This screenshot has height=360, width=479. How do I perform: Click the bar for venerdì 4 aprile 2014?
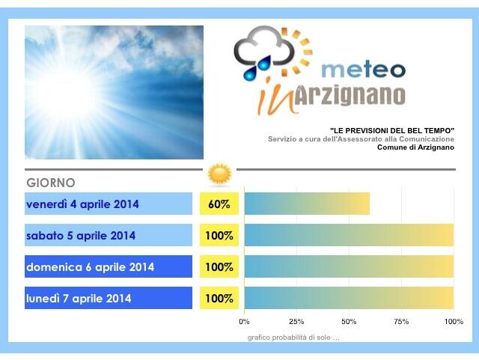pos(307,204)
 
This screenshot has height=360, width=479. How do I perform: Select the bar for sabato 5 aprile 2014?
pos(350,235)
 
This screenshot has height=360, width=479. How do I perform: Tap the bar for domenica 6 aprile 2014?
pos(350,266)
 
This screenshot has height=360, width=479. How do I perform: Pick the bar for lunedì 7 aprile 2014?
pos(350,298)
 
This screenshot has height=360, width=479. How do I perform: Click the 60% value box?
pos(219,204)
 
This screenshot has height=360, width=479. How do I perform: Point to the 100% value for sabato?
pos(219,235)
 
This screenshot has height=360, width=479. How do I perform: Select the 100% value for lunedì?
pos(219,298)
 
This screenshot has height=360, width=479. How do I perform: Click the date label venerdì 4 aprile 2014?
pos(82,204)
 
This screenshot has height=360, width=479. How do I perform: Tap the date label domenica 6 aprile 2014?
pos(90,267)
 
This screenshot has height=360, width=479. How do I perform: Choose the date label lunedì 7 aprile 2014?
pos(79,299)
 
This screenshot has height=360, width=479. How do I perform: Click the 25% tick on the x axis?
pos(296,322)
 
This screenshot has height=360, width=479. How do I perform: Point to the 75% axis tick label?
pos(401,322)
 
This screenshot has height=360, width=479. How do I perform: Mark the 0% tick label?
pos(244,322)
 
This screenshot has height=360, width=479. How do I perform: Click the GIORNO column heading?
pos(51,183)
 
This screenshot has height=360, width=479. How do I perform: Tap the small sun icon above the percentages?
pos(219,174)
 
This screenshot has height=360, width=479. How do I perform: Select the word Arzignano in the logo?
pos(350,95)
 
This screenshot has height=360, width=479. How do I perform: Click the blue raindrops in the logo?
pos(257,68)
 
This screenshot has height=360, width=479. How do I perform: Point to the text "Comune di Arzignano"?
pos(415,147)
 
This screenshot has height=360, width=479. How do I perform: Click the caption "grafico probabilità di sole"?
pos(293,338)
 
